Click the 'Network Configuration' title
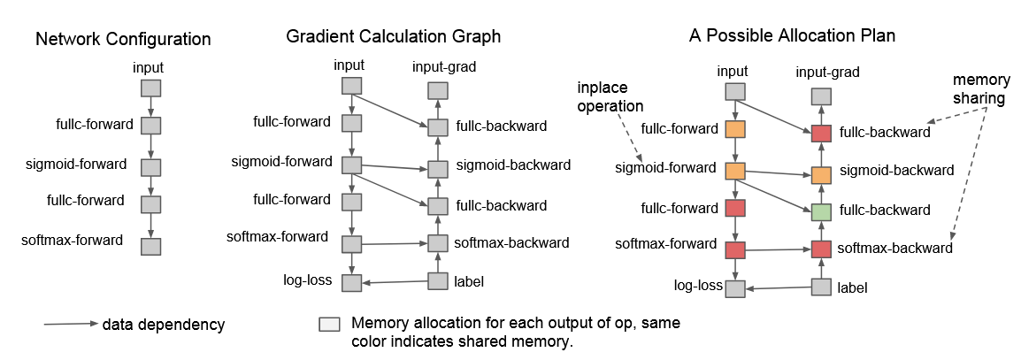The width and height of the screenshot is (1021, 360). pos(123,40)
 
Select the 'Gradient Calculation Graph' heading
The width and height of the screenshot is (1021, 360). pos(393,37)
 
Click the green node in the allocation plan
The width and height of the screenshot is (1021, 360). pos(822,211)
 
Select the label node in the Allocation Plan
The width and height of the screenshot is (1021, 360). pos(822,287)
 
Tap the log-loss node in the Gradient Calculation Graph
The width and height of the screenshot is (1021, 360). pos(352,282)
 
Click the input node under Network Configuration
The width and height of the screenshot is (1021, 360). pos(151,88)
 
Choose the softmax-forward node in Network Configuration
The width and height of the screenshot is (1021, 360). pos(151,246)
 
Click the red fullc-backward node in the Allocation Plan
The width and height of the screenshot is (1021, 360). pos(822,133)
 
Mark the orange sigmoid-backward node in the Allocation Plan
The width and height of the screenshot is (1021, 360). pos(822,174)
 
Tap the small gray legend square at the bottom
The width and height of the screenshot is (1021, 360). pos(329,325)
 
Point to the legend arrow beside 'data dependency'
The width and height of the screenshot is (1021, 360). pos(71,325)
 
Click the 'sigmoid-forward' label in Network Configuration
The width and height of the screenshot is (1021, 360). pos(88,165)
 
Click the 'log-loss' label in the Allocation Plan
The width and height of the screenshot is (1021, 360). pos(695,287)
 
